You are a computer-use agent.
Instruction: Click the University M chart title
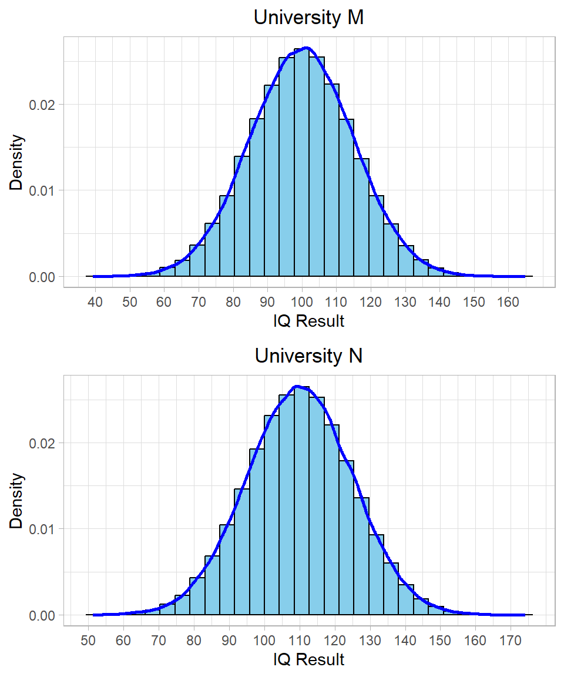(x=308, y=18)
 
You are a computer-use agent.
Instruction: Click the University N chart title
(x=308, y=356)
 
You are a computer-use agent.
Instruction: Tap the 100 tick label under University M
(x=302, y=302)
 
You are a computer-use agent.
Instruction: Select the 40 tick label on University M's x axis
(x=95, y=302)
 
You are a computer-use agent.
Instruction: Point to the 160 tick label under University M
(x=508, y=302)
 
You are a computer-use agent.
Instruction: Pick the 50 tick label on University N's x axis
(x=88, y=640)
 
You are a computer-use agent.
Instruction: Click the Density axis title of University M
(x=17, y=162)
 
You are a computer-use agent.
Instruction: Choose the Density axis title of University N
(x=17, y=501)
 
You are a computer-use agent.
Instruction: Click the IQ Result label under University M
(x=308, y=321)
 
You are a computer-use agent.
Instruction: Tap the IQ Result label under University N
(x=308, y=659)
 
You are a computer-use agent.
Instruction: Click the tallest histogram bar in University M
(x=301, y=165)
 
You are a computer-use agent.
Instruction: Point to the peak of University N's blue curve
(x=297, y=386)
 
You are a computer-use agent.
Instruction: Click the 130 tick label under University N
(x=371, y=640)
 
